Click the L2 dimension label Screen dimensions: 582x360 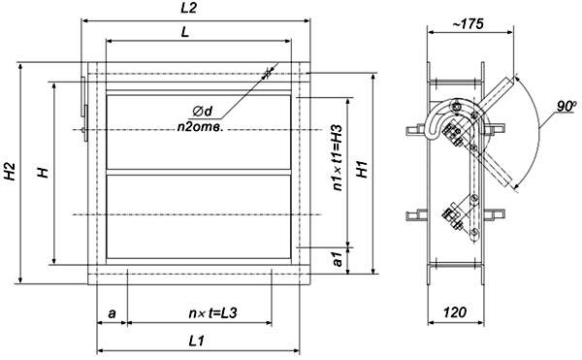coord(188,8)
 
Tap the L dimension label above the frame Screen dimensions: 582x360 coord(185,32)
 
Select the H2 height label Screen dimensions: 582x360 coord(10,172)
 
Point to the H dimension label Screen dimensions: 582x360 coord(44,172)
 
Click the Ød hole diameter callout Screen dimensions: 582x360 coord(203,111)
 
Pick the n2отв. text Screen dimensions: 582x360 coord(200,127)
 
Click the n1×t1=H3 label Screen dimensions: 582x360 coord(337,158)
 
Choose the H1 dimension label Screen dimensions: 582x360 coord(362,169)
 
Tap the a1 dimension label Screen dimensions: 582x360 coord(337,259)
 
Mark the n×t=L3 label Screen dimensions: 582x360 coord(212,313)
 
